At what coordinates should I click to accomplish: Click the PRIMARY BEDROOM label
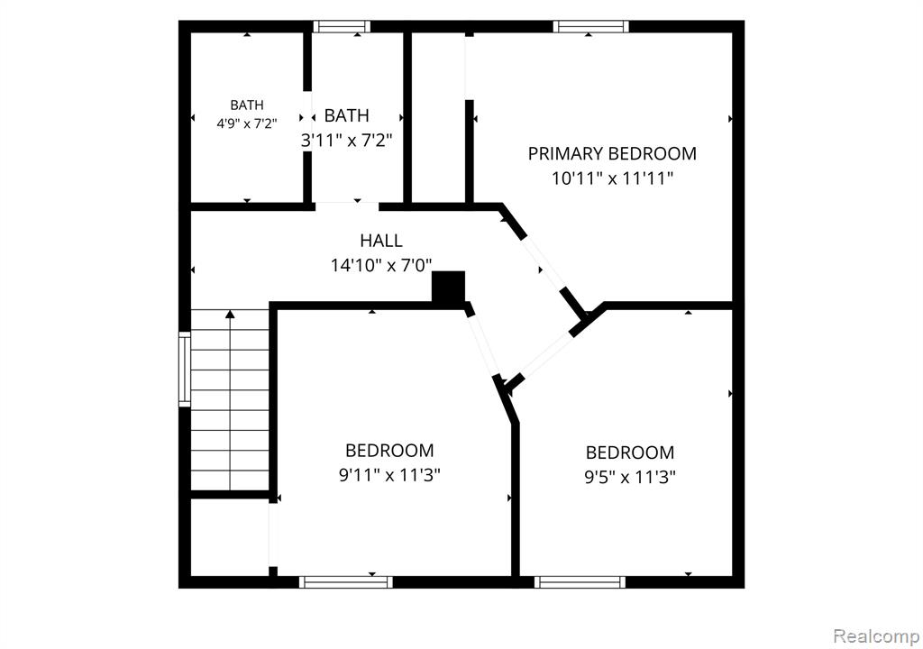click(612, 154)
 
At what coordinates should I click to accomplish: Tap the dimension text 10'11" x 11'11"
click(612, 178)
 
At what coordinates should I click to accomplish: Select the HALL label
click(381, 241)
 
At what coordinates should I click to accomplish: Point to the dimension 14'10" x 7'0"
click(381, 266)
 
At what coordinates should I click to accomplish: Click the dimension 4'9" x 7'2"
click(247, 123)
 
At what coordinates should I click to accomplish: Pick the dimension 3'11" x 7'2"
click(347, 141)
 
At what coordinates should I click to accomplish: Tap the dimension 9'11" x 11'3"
click(389, 475)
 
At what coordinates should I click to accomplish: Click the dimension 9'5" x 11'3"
click(630, 477)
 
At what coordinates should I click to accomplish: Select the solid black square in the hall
click(449, 287)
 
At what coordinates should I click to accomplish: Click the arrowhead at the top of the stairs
click(230, 314)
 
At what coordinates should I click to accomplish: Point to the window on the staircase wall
click(185, 370)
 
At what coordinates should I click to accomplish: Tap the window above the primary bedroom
click(591, 26)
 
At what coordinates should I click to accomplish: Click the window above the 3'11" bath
click(342, 26)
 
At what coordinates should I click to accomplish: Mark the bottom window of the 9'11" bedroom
click(345, 582)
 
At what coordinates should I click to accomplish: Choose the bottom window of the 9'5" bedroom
click(580, 582)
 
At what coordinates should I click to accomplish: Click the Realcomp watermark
click(876, 636)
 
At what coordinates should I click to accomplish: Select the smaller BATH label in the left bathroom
click(247, 105)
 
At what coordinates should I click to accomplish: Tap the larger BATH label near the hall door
click(347, 115)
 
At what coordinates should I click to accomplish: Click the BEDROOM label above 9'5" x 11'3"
click(630, 452)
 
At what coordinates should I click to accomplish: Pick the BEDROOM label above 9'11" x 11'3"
click(389, 451)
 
